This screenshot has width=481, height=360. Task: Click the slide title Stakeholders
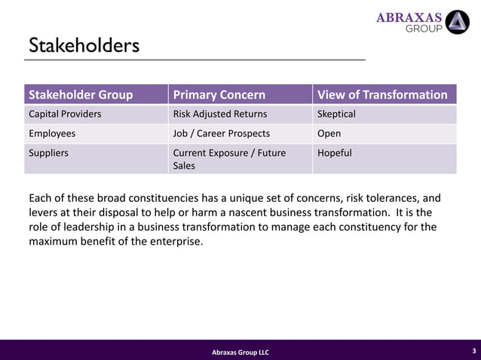point(84,46)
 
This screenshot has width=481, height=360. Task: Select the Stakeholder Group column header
point(81,95)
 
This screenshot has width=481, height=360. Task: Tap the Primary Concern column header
point(219,95)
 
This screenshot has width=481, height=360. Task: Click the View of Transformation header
point(382,95)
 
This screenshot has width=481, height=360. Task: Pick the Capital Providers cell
point(65,114)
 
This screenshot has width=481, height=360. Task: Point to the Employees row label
point(52,134)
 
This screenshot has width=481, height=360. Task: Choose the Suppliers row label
point(49,153)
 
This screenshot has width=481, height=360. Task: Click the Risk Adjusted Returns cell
point(220,114)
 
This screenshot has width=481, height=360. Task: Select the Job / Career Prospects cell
point(221,134)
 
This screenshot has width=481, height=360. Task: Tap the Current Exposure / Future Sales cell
point(229,159)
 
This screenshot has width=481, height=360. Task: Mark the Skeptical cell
point(337,114)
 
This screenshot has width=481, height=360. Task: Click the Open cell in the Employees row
point(329,134)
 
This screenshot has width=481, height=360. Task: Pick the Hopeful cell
point(335,153)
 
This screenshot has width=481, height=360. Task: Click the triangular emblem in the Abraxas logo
point(457,23)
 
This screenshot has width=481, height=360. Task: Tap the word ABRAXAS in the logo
point(409,17)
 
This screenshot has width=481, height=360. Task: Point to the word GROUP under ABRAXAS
point(424,29)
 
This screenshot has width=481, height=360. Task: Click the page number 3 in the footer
point(473,351)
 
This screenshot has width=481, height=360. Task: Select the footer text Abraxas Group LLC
point(240,352)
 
